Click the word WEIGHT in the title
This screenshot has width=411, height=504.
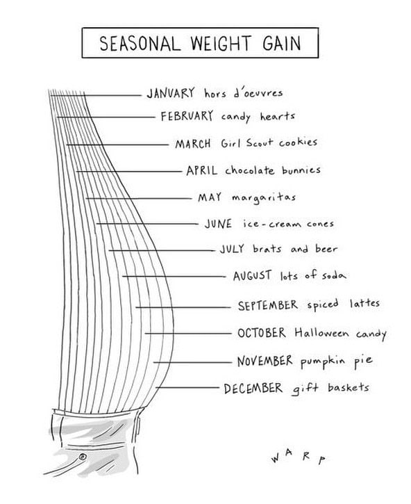click(x=221, y=43)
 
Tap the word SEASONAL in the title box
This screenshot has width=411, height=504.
click(x=138, y=43)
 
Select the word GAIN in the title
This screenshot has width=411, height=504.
click(x=282, y=43)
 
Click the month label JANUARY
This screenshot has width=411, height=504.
click(x=171, y=93)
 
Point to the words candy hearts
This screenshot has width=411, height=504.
click(x=258, y=116)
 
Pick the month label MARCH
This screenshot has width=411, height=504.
click(x=193, y=144)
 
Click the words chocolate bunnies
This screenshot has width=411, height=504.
click(x=273, y=170)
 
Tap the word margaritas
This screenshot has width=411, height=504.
click(x=264, y=197)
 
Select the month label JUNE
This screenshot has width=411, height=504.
click(x=218, y=223)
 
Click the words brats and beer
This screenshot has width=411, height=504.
click(x=295, y=248)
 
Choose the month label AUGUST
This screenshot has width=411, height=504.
click(x=253, y=276)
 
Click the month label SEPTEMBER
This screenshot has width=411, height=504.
click(x=268, y=305)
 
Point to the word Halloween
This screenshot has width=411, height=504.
click(x=321, y=333)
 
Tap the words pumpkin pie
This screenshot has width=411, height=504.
click(x=337, y=361)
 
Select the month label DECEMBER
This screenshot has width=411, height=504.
click(x=253, y=389)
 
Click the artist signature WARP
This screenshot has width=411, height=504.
click(x=299, y=456)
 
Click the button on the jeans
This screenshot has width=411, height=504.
click(x=83, y=457)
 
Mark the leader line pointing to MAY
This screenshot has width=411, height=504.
click(x=139, y=198)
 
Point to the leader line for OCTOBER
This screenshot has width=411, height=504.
click(x=188, y=333)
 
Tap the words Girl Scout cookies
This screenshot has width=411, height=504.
click(x=269, y=143)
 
